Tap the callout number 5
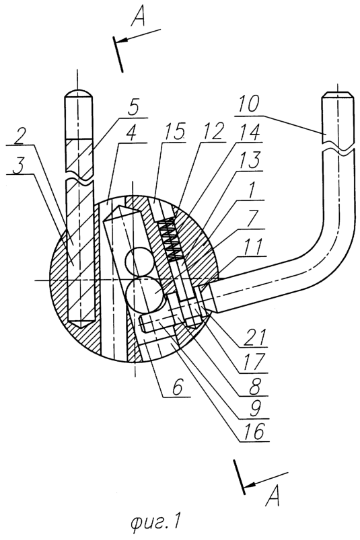coord(133,108)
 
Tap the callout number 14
coord(248,131)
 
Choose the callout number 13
coord(250,160)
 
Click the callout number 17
coord(256,361)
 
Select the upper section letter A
coord(138,17)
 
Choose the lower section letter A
coord(273,496)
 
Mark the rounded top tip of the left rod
coord(79,93)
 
